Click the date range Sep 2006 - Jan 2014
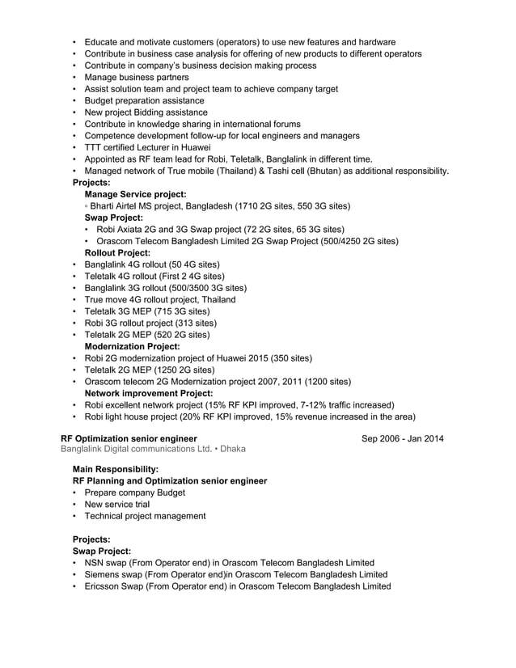pos(402,439)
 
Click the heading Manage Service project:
pos(135,194)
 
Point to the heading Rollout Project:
pos(117,253)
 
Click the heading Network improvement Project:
pos(148,393)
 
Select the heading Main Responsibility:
pos(116,469)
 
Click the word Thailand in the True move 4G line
pos(214,299)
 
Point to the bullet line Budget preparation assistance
pos(144,100)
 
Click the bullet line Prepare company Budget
pos(134,493)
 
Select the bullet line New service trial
pos(117,504)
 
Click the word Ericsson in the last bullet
pos(104,586)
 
